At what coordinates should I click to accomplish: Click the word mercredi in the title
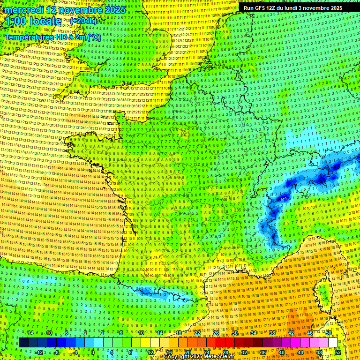[x=25, y=10]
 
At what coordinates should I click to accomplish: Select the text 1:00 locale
[x=33, y=22]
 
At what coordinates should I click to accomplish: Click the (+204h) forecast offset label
[x=83, y=21]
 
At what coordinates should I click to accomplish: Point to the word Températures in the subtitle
[x=28, y=37]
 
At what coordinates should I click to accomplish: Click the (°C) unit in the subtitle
[x=94, y=37]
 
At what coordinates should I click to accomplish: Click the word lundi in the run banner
[x=293, y=8]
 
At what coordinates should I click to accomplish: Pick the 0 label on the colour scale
[x=92, y=352]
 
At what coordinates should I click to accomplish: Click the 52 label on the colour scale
[x=338, y=352]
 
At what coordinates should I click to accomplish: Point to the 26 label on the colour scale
[x=216, y=333]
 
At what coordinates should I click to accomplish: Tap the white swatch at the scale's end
[x=333, y=343]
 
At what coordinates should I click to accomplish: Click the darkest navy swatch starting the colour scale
[x=23, y=343]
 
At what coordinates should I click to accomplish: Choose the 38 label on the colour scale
[x=272, y=333]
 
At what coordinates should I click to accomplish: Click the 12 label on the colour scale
[x=150, y=352]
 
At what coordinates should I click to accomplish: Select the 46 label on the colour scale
[x=310, y=333]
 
